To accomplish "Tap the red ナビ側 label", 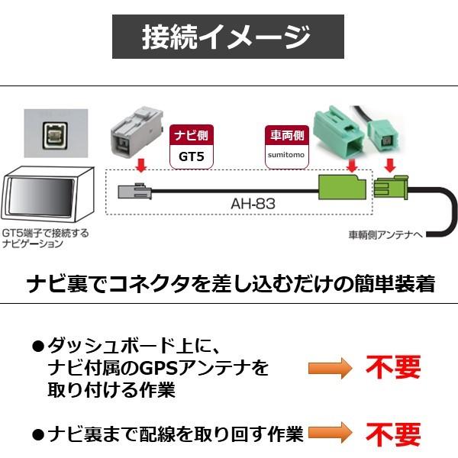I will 190,135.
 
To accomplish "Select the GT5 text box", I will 190,157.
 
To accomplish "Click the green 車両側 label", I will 283,135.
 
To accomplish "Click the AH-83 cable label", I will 253,204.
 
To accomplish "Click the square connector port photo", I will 56,137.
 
